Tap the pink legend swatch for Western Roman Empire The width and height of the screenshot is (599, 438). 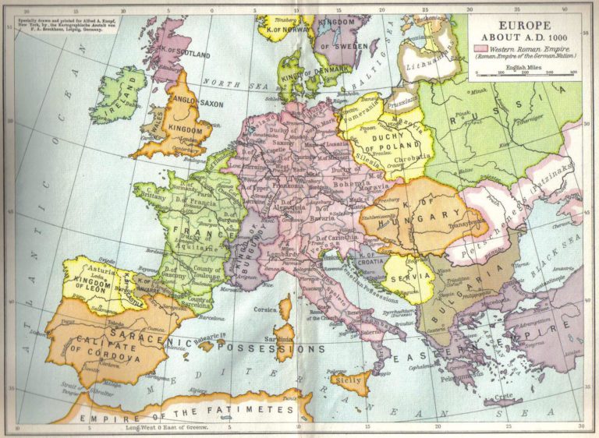(480, 49)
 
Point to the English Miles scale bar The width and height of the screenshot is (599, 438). (525, 73)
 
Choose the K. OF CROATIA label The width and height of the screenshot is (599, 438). (366, 258)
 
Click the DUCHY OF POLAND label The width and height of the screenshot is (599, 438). (391, 143)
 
